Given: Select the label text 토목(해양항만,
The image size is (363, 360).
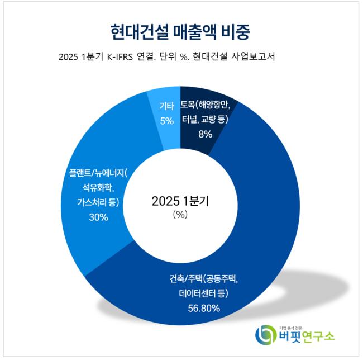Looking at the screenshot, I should point(209,105).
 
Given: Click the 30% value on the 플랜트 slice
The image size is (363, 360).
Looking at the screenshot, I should point(98,217).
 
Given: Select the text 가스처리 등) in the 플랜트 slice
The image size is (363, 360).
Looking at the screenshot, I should point(98,202).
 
